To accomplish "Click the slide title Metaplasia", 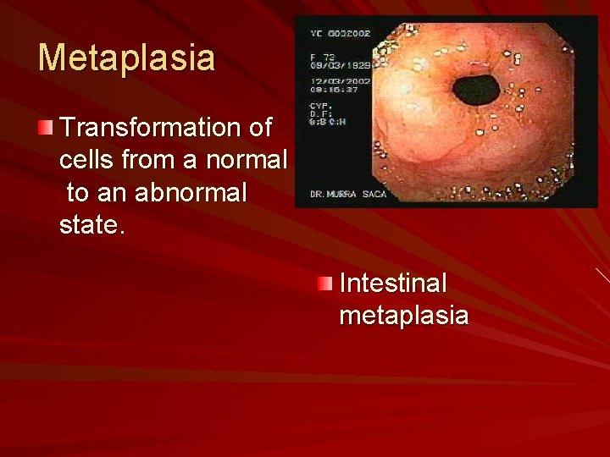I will coord(126,58).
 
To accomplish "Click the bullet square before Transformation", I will coord(45,129).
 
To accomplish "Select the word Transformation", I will coord(150,128).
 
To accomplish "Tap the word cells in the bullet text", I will coord(87,160).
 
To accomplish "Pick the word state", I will coord(90,225).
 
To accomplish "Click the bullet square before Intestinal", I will coord(326,284).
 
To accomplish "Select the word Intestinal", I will coord(392,283).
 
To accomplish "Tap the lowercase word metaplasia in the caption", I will coord(403,315).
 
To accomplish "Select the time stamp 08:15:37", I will coord(325,88).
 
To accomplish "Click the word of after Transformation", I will coord(260,128).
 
